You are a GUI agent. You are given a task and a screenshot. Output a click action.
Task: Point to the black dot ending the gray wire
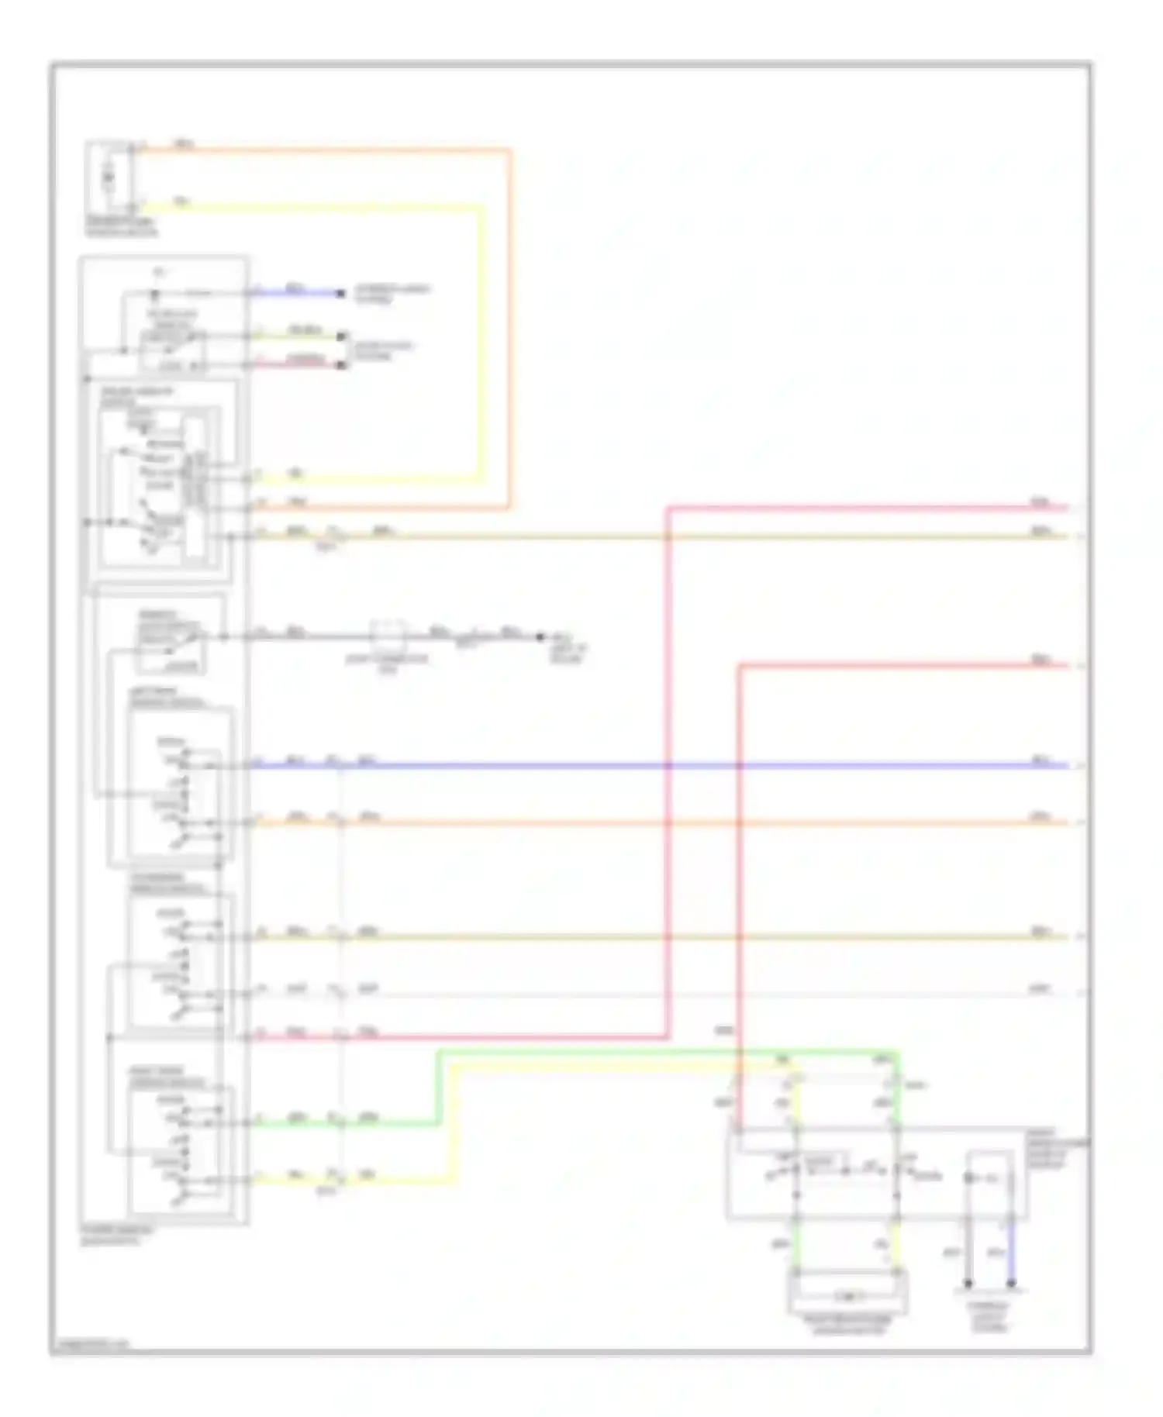coord(540,637)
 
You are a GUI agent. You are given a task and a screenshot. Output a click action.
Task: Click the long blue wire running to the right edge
coord(698,766)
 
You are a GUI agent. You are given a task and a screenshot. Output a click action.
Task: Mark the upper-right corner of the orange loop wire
coord(509,150)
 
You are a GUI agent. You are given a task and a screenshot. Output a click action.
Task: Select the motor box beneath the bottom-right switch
coord(848,1295)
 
